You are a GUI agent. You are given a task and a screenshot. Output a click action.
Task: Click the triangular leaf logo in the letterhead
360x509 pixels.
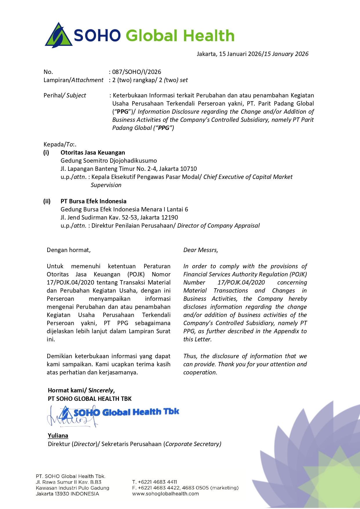[x=58, y=36]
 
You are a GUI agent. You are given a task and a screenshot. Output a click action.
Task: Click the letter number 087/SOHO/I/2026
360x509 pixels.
[x=137, y=72]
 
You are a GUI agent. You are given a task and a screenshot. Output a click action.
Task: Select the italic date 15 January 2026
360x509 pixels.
[x=286, y=54]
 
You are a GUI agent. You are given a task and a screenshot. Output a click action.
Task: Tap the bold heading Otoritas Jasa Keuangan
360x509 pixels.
[x=93, y=153]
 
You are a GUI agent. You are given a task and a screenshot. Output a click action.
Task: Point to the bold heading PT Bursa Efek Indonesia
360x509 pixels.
[x=93, y=201]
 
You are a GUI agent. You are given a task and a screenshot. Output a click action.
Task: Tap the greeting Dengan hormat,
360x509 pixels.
[x=69, y=250]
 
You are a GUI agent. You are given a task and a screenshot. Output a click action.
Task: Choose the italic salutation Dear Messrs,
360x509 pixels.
[x=201, y=250]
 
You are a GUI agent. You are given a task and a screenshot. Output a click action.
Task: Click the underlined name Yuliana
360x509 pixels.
[x=58, y=436]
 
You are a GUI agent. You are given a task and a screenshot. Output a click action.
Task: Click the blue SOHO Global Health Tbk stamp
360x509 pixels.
[x=126, y=412]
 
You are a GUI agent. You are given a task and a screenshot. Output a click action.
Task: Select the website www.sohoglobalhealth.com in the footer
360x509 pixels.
[x=165, y=494]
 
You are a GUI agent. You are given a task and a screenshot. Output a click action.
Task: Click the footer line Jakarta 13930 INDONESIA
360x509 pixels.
[x=67, y=494]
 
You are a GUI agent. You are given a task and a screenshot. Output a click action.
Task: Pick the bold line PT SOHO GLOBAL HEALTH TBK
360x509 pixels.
[x=90, y=399]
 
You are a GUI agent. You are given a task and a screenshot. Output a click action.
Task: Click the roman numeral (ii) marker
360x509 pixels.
[x=47, y=201]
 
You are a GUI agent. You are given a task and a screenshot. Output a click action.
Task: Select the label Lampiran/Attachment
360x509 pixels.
[x=73, y=80]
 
